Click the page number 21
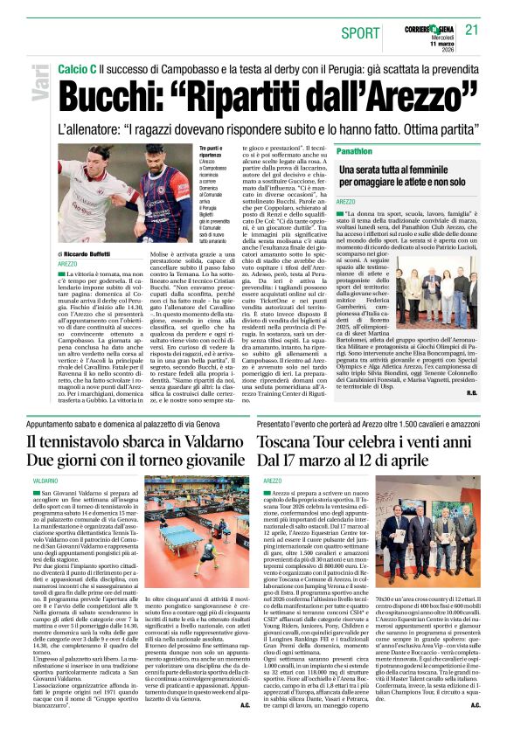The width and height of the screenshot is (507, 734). tap(472, 30)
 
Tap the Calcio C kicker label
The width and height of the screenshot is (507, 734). tap(77, 67)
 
